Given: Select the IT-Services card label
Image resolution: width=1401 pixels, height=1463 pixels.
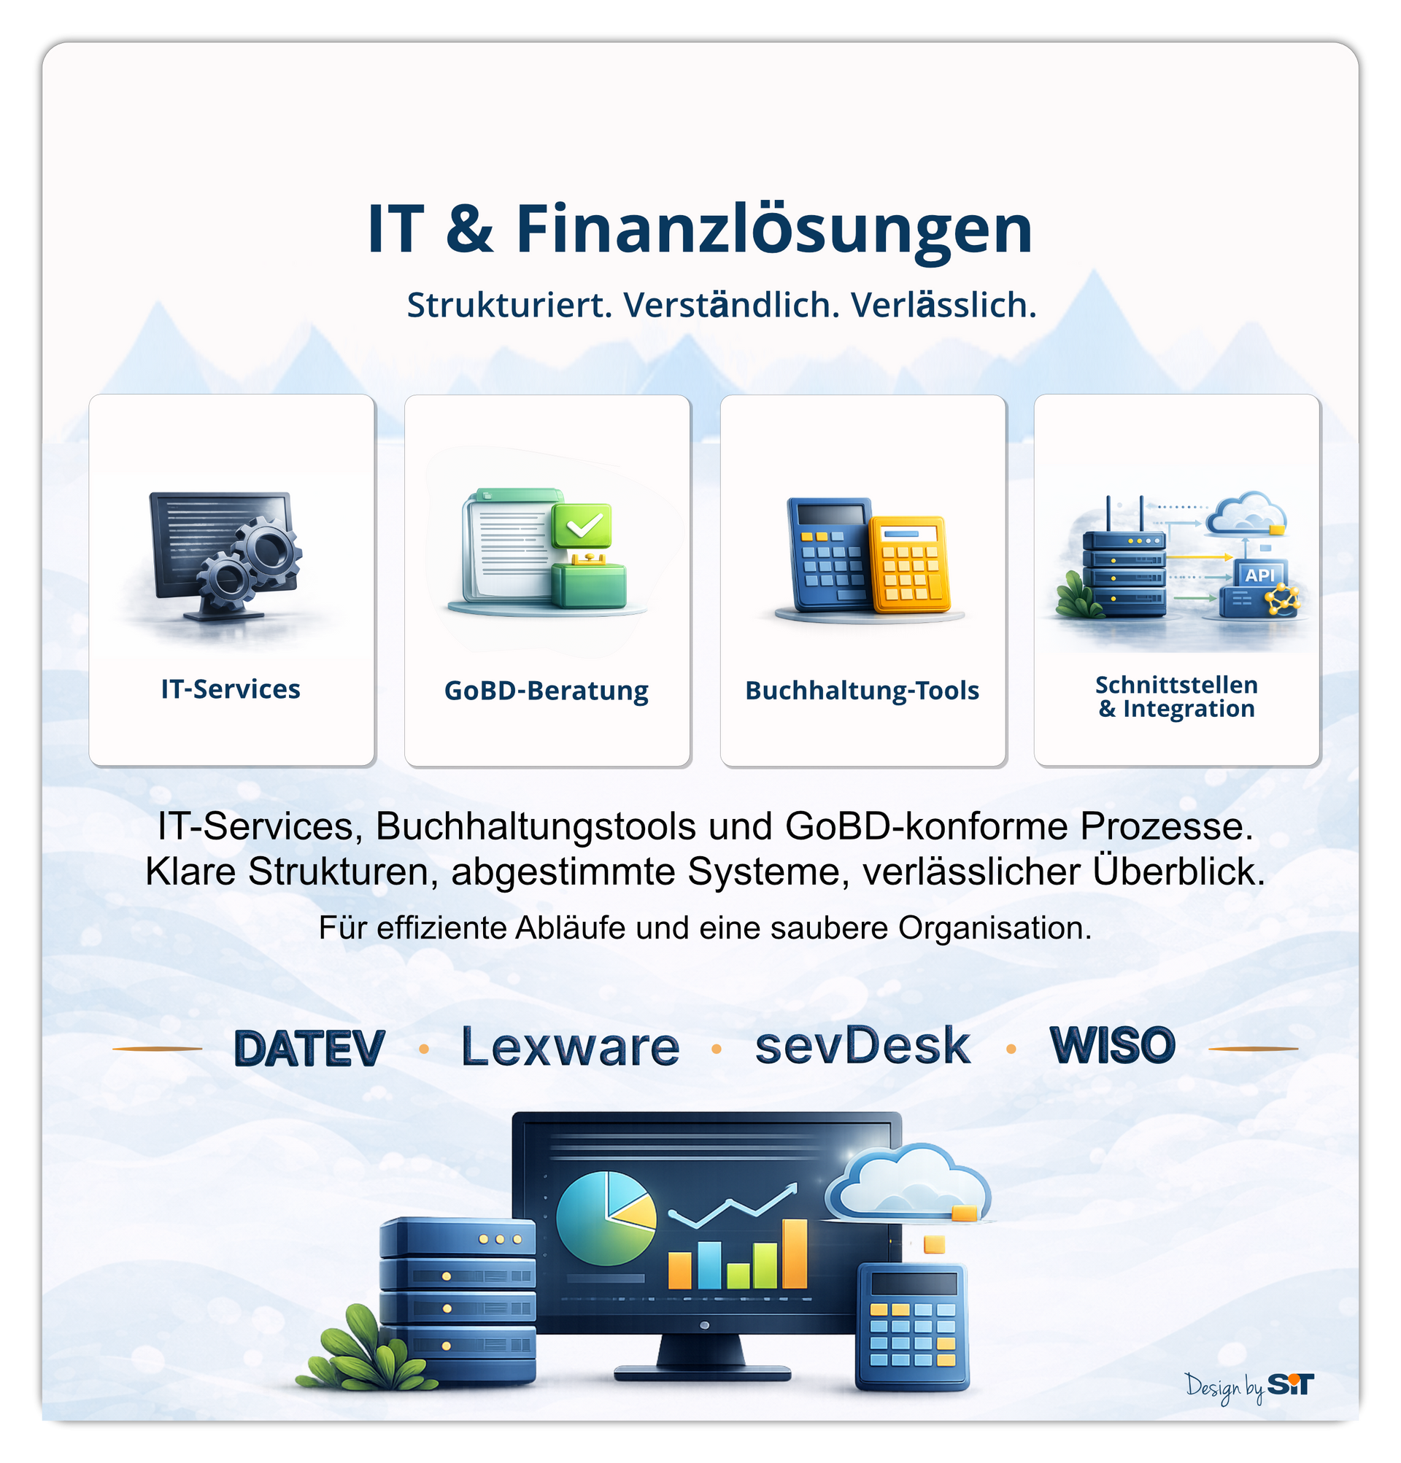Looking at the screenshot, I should pos(231,689).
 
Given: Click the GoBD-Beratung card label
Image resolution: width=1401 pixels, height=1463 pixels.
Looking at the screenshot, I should pos(546,691).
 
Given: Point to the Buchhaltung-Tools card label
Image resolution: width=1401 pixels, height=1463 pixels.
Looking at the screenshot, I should pos(862,691).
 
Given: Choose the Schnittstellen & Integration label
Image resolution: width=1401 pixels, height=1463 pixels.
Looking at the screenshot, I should pos(1176,696).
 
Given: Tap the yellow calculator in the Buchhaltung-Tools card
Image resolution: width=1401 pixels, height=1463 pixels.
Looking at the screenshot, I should pos(910,563).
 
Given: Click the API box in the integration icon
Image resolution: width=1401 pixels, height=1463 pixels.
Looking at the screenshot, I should pos(1260,575).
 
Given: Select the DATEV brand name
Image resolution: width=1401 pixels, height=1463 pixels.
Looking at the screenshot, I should pos(309,1048).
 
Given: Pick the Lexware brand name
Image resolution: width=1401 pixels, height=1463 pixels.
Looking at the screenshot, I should pos(571,1047).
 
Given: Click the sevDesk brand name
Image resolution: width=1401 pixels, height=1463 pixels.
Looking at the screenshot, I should pos(862,1046).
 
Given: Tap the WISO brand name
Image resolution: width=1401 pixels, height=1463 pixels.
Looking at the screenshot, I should pos(1112,1045).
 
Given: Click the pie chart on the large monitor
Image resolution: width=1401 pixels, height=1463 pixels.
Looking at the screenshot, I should pos(606,1217).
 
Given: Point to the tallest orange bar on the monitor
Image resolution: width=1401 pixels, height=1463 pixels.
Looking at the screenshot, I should pos(795,1253).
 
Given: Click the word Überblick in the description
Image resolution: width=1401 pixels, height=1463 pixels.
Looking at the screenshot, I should pos(1179,871).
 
